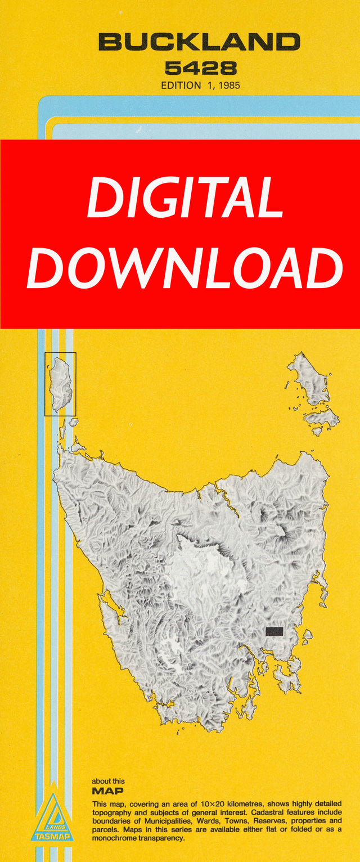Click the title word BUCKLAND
pyautogui.click(x=199, y=42)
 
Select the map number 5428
pyautogui.click(x=201, y=69)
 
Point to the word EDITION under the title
pyautogui.click(x=181, y=86)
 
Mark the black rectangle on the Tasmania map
pyautogui.click(x=274, y=631)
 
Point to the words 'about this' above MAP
pyautogui.click(x=109, y=781)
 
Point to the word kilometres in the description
pyautogui.click(x=272, y=805)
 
